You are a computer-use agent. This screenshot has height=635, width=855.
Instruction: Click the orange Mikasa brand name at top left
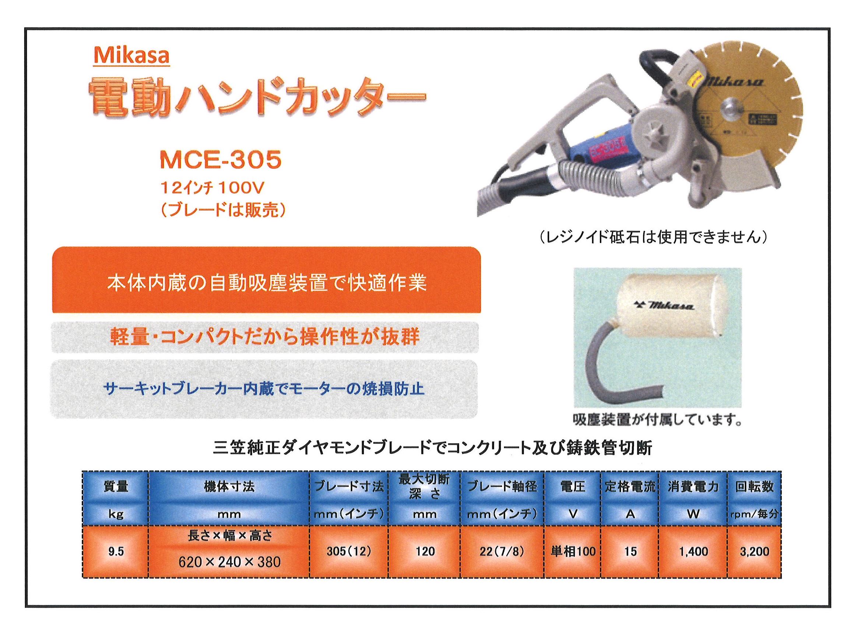click(131, 56)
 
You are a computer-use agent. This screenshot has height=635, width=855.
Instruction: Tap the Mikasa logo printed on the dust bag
click(664, 306)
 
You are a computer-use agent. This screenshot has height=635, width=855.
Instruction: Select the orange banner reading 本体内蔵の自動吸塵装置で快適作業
click(267, 280)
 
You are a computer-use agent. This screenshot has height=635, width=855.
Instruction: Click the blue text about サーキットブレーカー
click(264, 389)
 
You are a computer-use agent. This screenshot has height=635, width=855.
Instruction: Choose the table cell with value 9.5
click(116, 551)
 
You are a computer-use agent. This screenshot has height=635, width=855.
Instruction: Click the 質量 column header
click(116, 487)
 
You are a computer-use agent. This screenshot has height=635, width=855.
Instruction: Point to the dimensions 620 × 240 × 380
click(229, 562)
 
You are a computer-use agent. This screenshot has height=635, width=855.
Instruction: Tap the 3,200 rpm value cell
click(754, 551)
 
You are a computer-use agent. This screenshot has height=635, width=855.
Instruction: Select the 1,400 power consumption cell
click(693, 551)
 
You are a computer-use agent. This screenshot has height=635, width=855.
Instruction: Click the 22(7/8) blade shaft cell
click(502, 551)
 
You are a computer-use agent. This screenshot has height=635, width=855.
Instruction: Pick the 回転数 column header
click(754, 487)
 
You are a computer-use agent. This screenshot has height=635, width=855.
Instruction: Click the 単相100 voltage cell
click(573, 551)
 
